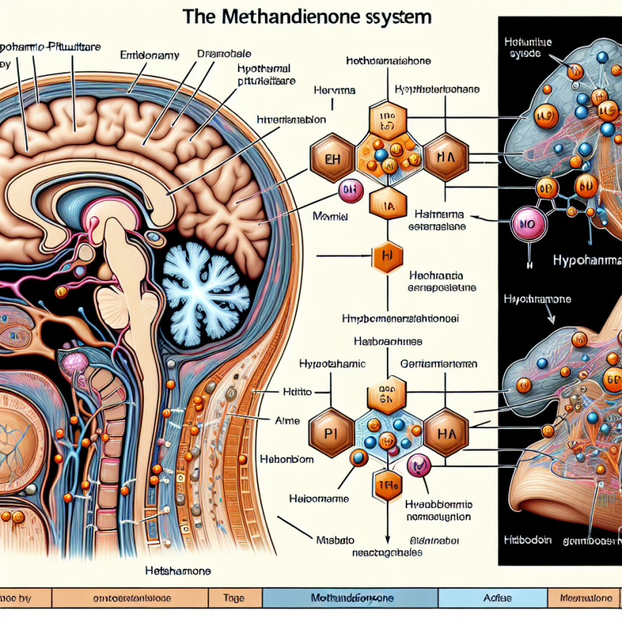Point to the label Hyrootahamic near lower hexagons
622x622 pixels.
pyautogui.click(x=333, y=366)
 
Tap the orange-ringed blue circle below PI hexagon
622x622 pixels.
pyautogui.click(x=358, y=458)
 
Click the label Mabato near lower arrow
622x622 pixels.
pyautogui.click(x=333, y=538)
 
